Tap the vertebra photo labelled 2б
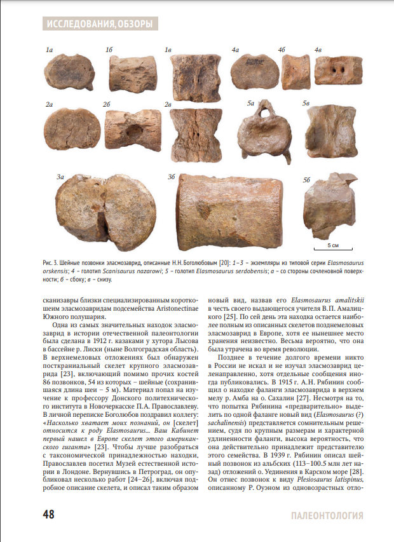[x=133, y=130]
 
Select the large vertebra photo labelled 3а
[x=105, y=210]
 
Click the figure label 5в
[x=308, y=103]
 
